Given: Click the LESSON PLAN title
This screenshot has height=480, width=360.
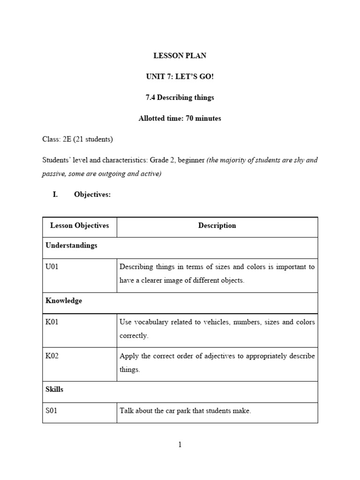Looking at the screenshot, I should click(180, 56).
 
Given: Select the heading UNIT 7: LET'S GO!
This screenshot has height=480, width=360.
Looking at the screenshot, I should click(180, 76).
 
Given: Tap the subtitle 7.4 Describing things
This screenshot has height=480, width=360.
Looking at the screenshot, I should click(180, 97).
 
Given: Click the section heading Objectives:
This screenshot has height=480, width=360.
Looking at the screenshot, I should click(92, 195).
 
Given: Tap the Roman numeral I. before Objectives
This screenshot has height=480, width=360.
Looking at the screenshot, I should click(55, 195).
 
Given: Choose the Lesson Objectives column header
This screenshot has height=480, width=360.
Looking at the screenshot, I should click(79, 225).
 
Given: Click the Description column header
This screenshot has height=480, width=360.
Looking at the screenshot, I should click(217, 225).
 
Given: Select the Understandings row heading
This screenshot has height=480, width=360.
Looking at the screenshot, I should click(71, 246).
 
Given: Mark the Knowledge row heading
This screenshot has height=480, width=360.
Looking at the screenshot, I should click(64, 301).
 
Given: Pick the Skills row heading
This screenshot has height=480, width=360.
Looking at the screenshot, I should click(54, 390).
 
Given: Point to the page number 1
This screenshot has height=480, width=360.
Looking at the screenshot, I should click(180, 445).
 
